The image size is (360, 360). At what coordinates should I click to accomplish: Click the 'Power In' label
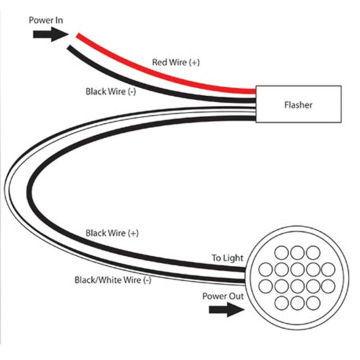[46, 20]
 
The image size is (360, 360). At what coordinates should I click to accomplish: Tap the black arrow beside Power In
[51, 35]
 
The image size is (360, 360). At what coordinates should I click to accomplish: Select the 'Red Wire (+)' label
[176, 62]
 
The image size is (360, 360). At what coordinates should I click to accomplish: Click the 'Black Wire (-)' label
[111, 91]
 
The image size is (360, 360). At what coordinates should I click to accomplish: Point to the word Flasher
[298, 105]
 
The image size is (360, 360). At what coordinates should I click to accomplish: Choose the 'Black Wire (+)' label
[112, 233]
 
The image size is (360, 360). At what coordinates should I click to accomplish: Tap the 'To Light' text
[227, 258]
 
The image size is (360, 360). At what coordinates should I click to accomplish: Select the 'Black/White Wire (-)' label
[113, 280]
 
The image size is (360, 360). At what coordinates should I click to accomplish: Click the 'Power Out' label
[223, 296]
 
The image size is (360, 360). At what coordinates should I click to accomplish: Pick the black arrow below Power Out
[227, 310]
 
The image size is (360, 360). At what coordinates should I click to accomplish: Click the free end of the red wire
[78, 36]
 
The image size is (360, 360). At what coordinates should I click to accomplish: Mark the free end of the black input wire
[69, 48]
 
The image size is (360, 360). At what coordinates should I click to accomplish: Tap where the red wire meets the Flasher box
[255, 91]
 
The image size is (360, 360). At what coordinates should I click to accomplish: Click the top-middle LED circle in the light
[297, 253]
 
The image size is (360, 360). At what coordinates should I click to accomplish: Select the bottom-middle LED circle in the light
[297, 303]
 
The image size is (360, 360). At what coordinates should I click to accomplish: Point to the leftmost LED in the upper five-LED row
[265, 269]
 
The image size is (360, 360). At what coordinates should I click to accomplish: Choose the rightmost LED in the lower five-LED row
[328, 286]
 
